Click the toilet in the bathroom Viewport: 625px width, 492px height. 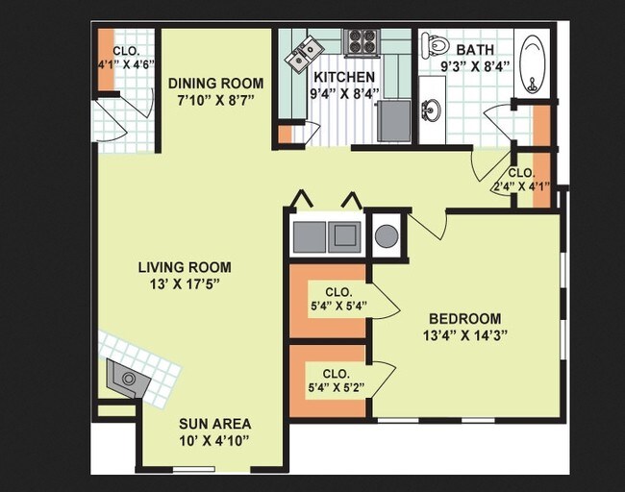(434, 43)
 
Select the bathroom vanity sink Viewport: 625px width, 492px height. (432, 110)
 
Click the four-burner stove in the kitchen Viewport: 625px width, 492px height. (362, 41)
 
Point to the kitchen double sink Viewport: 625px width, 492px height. (304, 55)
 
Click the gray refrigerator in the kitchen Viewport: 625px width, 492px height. (394, 121)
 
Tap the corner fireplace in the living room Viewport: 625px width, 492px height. (128, 378)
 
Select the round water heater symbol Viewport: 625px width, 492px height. (387, 235)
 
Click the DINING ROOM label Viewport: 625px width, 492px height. (215, 84)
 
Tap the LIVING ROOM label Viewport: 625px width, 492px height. (185, 267)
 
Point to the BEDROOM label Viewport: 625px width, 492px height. (464, 319)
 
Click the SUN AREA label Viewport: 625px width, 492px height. (214, 424)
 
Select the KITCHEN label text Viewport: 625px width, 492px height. (344, 77)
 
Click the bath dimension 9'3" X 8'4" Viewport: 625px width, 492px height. (475, 66)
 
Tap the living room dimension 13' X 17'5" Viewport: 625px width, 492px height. (185, 284)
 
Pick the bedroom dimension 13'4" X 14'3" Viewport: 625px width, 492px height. (464, 335)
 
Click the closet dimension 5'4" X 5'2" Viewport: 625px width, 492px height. (337, 387)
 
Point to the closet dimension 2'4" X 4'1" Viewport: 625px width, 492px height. (521, 185)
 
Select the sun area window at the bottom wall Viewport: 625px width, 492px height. (193, 469)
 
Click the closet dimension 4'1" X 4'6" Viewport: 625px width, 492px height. (126, 64)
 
